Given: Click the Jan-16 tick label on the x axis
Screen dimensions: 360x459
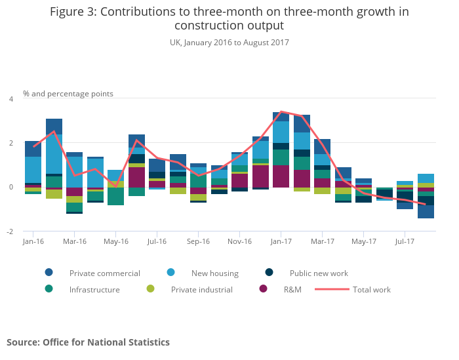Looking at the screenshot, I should click(x=33, y=241).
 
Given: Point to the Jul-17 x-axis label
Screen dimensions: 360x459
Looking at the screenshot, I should click(x=404, y=241).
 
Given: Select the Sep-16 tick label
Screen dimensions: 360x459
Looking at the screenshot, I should click(x=198, y=241).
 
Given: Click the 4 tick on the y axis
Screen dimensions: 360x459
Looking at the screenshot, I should click(x=10, y=99).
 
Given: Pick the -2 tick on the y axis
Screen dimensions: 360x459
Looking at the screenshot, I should click(x=10, y=231).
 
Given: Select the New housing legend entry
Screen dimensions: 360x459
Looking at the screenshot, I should click(x=214, y=273).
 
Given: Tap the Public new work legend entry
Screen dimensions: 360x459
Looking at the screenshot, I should click(x=319, y=273).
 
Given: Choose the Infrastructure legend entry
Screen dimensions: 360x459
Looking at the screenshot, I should click(x=94, y=289).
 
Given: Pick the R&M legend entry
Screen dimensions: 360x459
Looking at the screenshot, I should click(x=292, y=289).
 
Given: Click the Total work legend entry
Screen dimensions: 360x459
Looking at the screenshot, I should click(x=371, y=289).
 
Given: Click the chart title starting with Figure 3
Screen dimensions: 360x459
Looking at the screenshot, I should click(x=229, y=18).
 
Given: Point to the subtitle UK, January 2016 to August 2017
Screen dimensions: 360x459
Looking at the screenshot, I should click(x=229, y=43).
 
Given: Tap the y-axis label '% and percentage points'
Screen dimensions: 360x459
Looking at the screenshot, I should click(x=68, y=94).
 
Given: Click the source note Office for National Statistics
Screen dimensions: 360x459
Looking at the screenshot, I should click(x=88, y=342).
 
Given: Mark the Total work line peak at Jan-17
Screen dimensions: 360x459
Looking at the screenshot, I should click(x=281, y=111).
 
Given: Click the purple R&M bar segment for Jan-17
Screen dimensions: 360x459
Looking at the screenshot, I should click(x=281, y=176).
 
